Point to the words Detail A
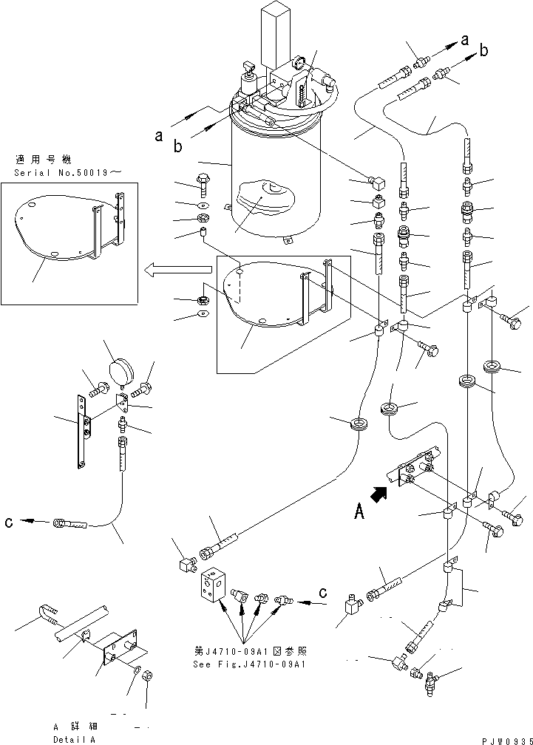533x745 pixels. point(73,739)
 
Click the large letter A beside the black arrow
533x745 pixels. point(359,511)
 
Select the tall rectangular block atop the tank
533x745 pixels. point(278,30)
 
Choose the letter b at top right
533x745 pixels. point(483,51)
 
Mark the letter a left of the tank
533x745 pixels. point(158,135)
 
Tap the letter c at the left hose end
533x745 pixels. point(8,523)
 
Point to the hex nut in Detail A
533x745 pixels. point(146,676)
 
